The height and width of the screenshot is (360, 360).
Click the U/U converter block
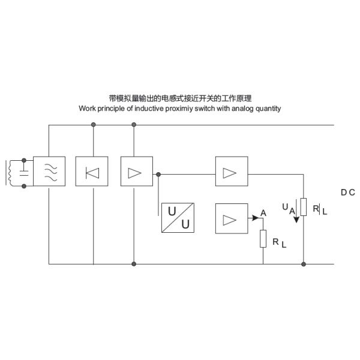[x=178, y=217]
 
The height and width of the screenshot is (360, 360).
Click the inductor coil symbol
[x=10, y=173]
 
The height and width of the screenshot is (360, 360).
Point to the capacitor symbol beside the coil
[x=24, y=173]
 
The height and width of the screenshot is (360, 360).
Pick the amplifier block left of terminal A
[x=229, y=217]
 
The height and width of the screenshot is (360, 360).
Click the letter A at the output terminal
[x=263, y=212]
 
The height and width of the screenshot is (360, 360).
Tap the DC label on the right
[x=348, y=193]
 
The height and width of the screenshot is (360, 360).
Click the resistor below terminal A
[x=263, y=239]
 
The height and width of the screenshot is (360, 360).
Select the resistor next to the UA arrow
[x=304, y=207]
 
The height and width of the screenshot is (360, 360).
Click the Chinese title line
[x=179, y=98]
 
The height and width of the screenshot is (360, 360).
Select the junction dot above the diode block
[x=93, y=125]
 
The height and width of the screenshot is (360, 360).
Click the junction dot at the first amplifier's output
[x=158, y=174]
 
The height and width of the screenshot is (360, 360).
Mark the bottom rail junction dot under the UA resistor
[x=304, y=263]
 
